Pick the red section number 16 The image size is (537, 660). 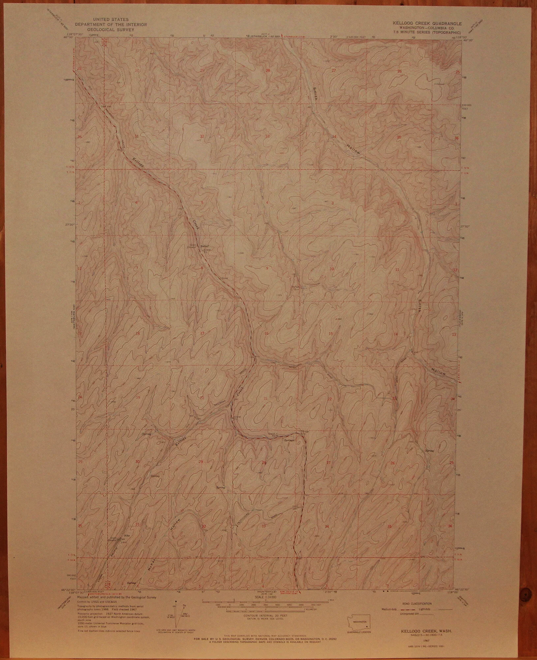coord(267,333)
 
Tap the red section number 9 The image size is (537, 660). coord(267,268)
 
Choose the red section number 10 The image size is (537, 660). coord(332,269)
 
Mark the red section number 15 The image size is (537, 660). coord(331,334)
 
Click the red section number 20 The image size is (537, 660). coord(202,398)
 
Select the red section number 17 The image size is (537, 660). coord(202,333)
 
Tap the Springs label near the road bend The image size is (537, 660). coord(288,440)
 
